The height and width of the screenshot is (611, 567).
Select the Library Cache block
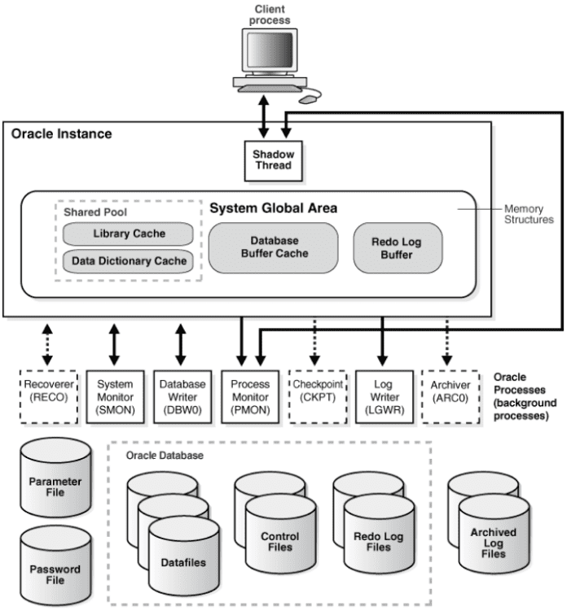128,234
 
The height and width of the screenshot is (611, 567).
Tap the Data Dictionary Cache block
128,261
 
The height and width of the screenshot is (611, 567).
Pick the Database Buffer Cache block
273,247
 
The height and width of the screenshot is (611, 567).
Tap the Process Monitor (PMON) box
248,395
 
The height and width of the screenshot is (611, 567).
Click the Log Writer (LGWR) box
383,395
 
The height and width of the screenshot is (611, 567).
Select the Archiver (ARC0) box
451,395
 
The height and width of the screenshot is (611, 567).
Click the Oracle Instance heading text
61,133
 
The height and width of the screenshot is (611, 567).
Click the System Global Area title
273,208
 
